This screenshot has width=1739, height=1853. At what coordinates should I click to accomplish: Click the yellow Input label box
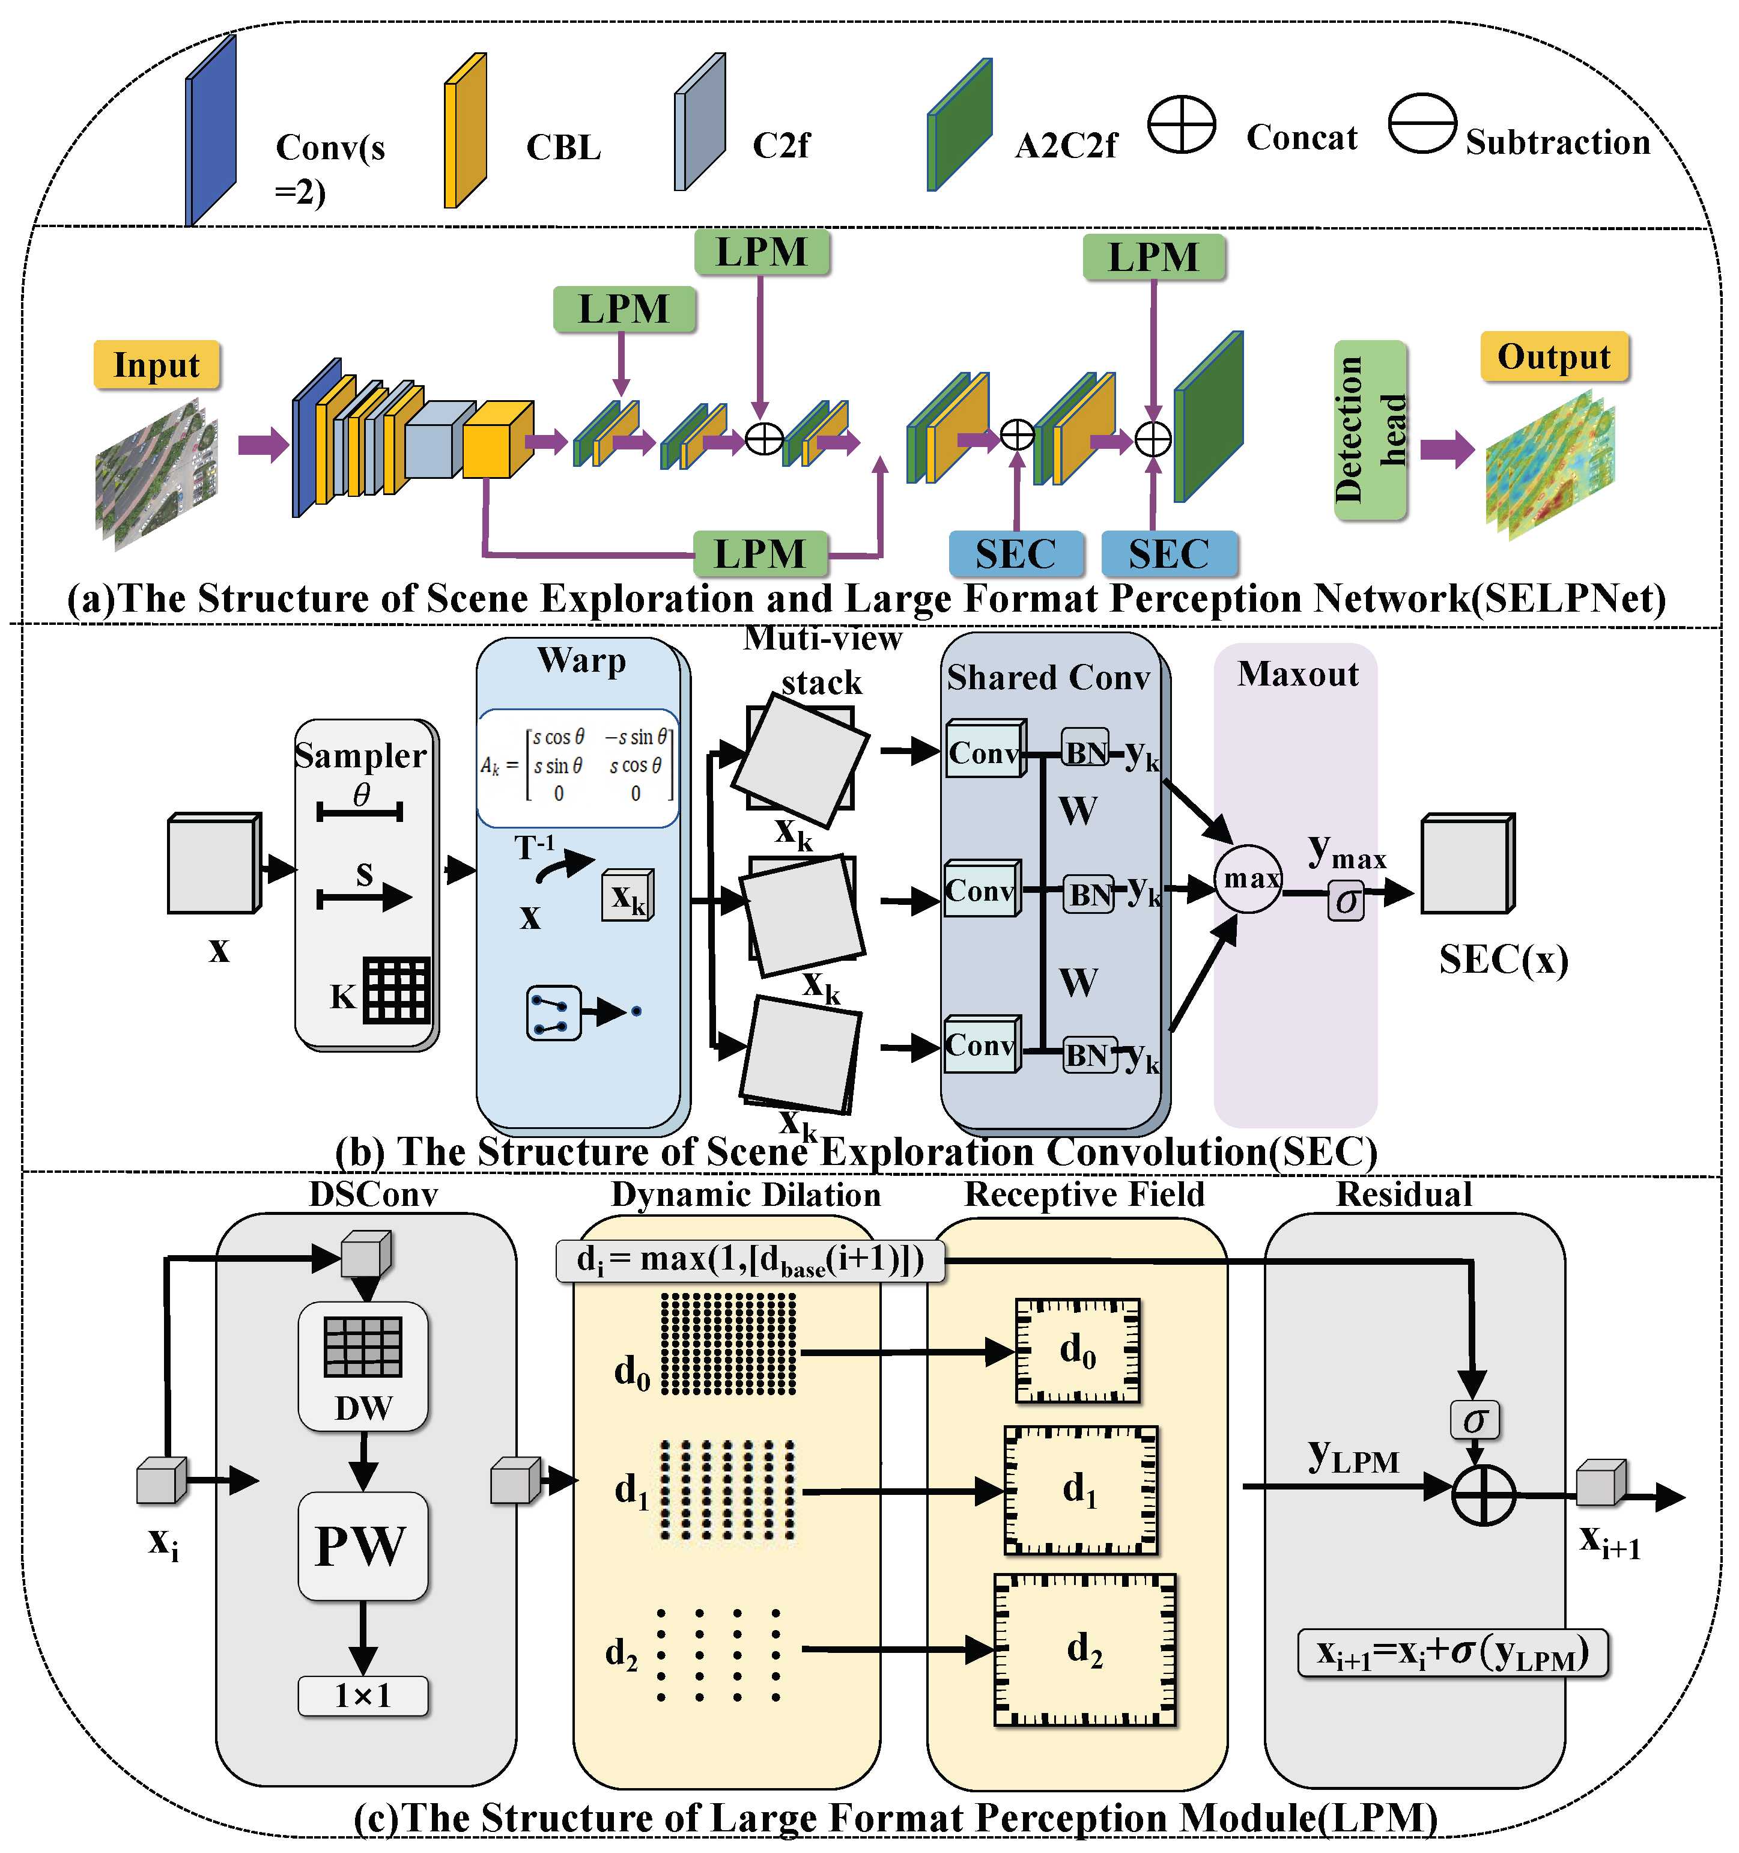pyautogui.click(x=157, y=365)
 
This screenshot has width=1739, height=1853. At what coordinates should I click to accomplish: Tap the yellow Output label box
pyautogui.click(x=1555, y=356)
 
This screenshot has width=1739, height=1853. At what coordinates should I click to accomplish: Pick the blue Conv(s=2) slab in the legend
pyautogui.click(x=211, y=130)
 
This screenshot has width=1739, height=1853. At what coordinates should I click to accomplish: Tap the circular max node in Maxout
pyautogui.click(x=1249, y=878)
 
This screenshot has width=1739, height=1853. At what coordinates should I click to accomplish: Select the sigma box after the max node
pyautogui.click(x=1346, y=901)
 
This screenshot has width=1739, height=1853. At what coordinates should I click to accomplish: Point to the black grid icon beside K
pyautogui.click(x=397, y=990)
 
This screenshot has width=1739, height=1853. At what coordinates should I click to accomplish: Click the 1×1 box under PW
pyautogui.click(x=363, y=1696)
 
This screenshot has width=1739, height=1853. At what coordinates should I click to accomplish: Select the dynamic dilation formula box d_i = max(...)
pyautogui.click(x=750, y=1260)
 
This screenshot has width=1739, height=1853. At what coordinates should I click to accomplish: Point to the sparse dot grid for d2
pyautogui.click(x=718, y=1655)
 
